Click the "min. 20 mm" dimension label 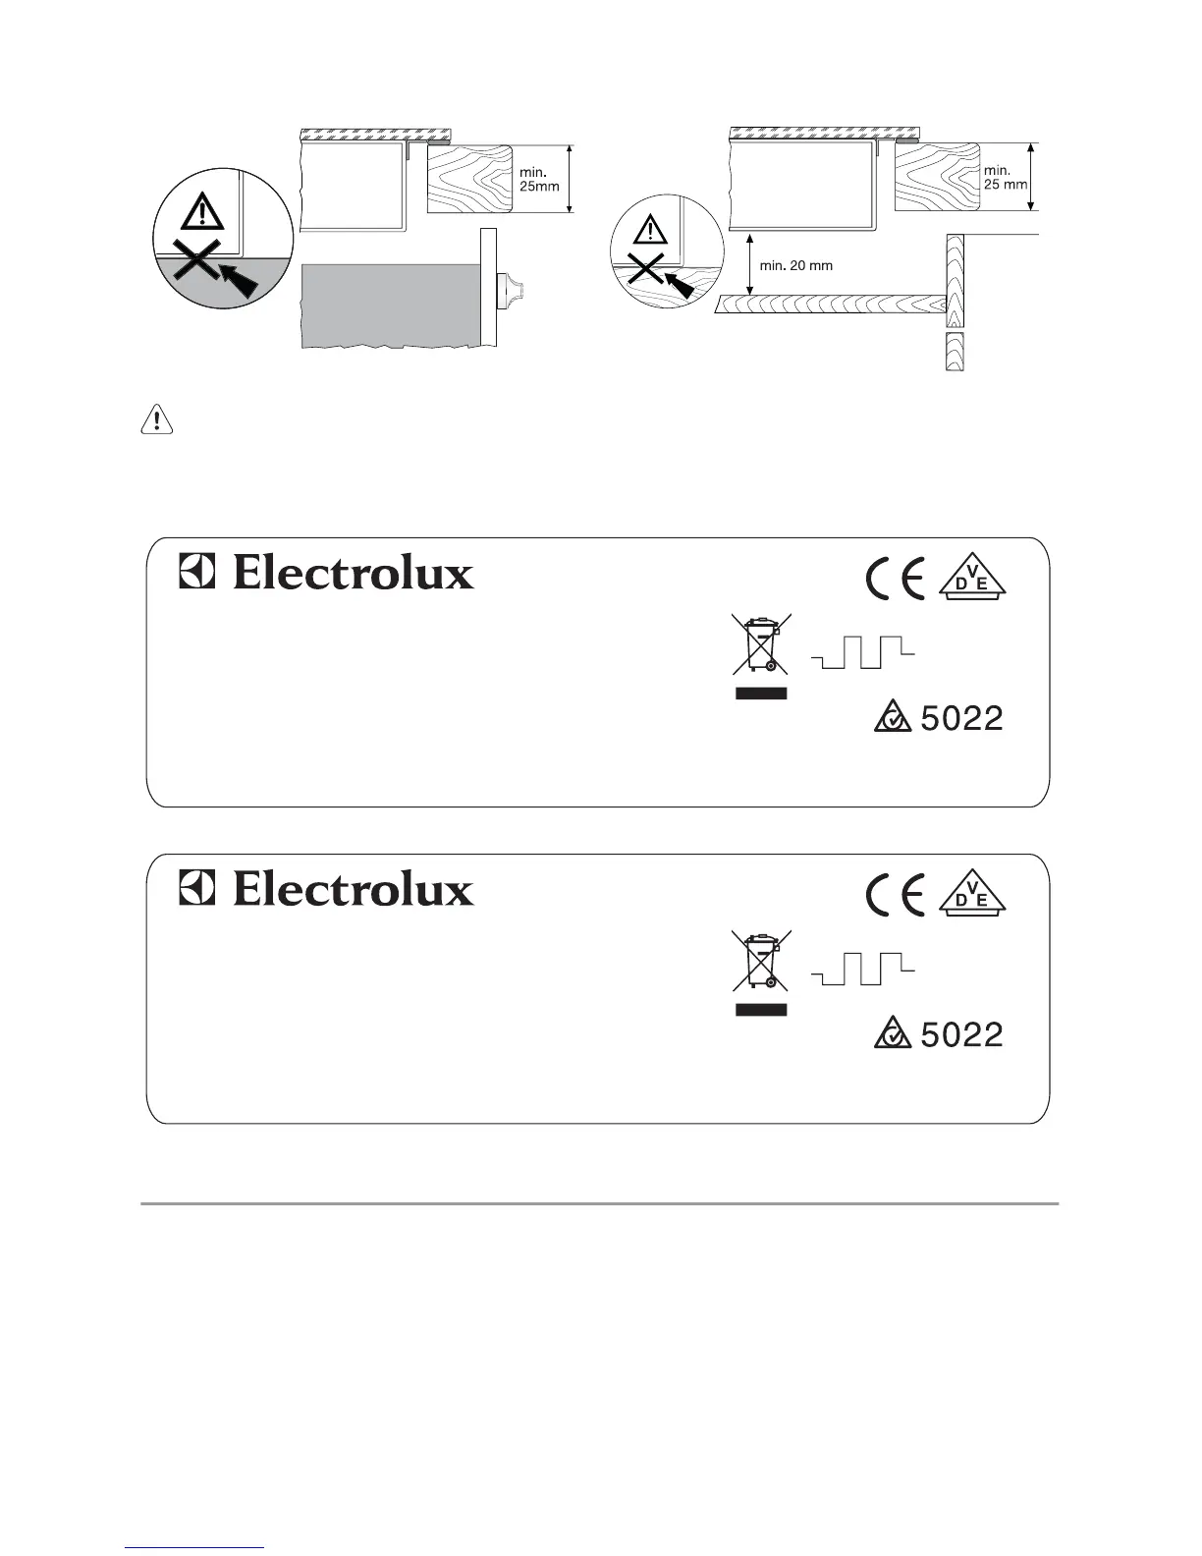796,265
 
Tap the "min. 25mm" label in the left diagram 539,178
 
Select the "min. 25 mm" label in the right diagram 1006,177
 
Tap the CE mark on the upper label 895,582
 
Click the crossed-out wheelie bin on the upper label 760,644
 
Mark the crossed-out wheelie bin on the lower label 760,961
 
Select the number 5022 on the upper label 961,719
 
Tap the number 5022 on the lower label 961,1035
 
